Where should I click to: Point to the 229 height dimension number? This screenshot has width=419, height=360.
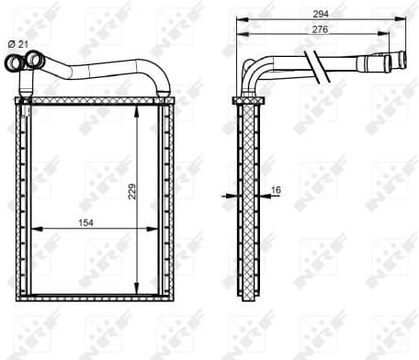[131, 191]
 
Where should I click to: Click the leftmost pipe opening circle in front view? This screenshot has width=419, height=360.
[17, 63]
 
